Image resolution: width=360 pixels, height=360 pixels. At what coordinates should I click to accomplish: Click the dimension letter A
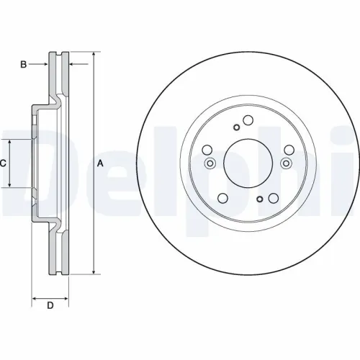coord(100,164)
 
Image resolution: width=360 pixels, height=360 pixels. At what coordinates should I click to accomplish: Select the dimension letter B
coord(23,65)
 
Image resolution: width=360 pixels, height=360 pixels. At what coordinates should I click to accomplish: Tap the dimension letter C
coord(3,163)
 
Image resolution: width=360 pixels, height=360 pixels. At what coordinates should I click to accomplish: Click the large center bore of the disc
coord(248,163)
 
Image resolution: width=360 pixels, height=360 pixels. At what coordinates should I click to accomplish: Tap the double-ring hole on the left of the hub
coord(210,163)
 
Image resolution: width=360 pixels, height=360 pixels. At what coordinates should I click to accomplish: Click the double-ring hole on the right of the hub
coord(286,163)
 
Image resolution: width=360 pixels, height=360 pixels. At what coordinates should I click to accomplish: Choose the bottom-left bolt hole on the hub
coord(222,199)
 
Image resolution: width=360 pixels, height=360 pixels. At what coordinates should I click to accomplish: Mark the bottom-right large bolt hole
coord(273,199)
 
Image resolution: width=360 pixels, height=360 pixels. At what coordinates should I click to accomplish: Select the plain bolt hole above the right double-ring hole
coord(289,150)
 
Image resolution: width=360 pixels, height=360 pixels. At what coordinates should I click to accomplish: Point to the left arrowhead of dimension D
coord(35,297)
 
